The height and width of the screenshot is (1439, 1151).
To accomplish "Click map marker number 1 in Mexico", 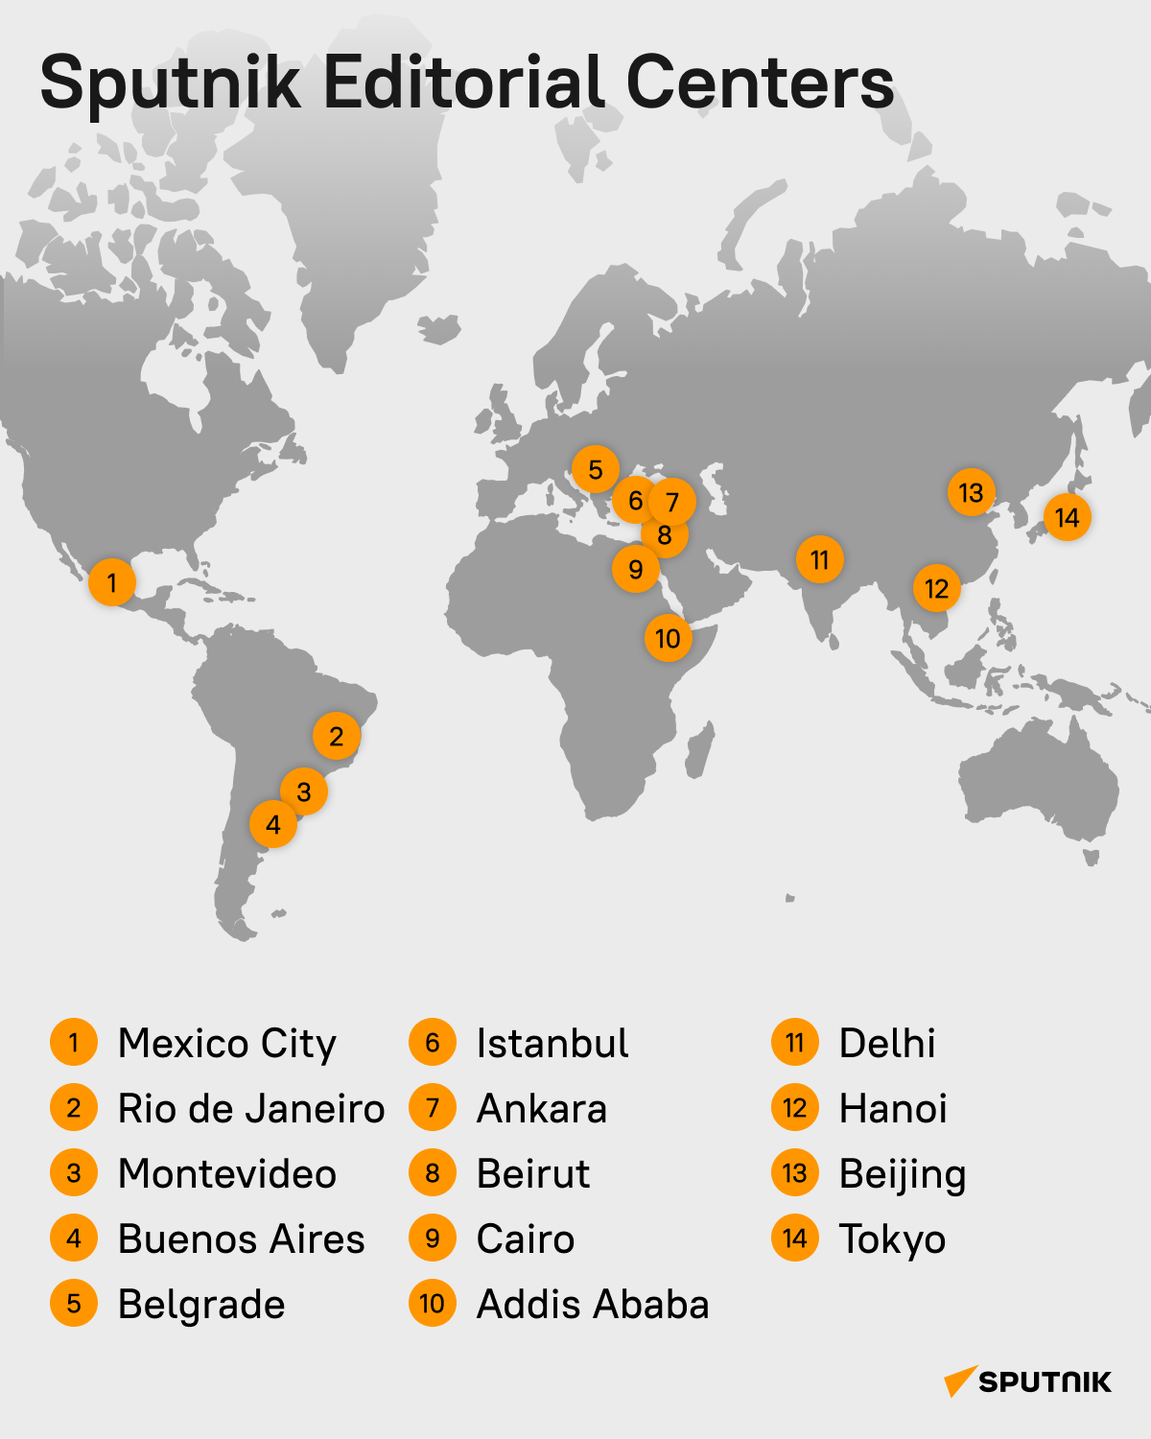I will point(112,582).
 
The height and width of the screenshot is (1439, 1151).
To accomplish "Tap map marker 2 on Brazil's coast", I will point(336,737).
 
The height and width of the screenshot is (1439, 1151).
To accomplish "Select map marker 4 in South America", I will point(273,824).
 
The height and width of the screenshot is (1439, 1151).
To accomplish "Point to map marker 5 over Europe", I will point(595,470).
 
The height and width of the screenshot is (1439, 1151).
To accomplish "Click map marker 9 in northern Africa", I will point(635,570).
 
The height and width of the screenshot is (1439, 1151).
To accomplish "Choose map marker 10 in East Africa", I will point(668,638).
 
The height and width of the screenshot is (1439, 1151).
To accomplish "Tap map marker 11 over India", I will point(819,559).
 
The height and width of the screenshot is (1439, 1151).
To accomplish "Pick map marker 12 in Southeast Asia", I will point(936,589).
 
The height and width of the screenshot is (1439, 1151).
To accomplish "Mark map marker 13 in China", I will point(971,493).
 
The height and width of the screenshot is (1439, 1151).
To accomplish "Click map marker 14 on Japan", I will point(1067,518).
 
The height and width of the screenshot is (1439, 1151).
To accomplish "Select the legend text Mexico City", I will point(227,1044).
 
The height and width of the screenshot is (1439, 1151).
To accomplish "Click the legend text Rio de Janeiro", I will point(251,1109).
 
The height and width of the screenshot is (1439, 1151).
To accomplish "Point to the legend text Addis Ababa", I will point(593,1305).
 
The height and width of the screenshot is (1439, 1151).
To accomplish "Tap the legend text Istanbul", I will point(552,1044).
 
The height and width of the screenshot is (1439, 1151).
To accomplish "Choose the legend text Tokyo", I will point(892,1239).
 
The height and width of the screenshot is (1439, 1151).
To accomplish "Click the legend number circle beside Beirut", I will point(433,1173).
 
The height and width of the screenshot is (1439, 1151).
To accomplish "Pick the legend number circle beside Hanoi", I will point(795,1108).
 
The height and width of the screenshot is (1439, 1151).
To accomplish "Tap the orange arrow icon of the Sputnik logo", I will point(959,1381).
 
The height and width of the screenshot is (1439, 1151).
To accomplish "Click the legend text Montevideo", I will point(227,1174).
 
